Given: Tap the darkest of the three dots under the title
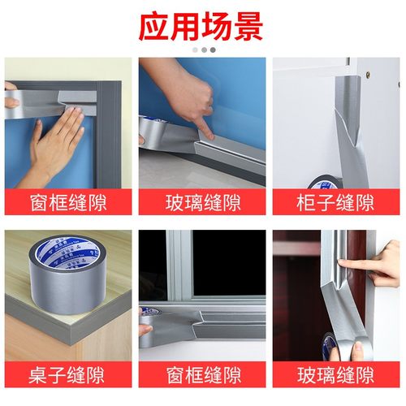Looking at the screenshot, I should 213,50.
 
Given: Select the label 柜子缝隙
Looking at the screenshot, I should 336,202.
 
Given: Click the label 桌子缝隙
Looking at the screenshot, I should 67,375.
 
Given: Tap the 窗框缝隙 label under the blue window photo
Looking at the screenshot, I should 67,202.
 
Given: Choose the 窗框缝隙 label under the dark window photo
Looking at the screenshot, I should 202,375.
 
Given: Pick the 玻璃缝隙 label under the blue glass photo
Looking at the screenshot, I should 202,202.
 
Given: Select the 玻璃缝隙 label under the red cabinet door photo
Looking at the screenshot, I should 336,375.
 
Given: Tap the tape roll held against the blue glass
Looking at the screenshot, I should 155,130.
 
